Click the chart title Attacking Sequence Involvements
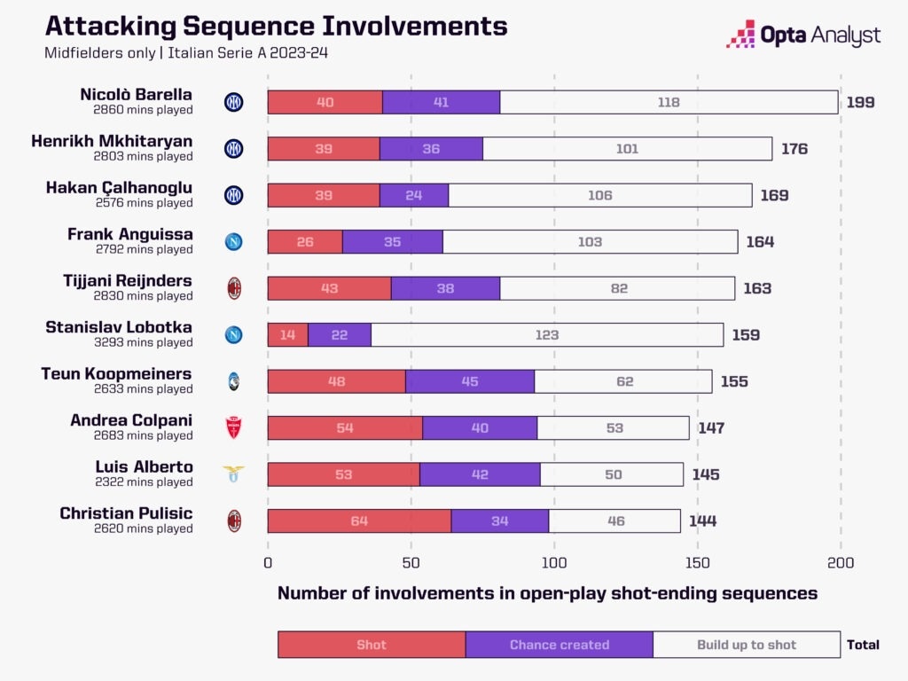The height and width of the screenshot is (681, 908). [276, 26]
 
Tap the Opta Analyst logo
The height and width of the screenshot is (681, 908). [802, 35]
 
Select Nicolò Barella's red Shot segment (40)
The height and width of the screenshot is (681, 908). [325, 102]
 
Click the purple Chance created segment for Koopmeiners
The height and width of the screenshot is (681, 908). [470, 381]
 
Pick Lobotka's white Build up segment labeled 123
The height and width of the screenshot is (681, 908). [547, 335]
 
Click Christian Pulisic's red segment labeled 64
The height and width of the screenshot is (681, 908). [359, 521]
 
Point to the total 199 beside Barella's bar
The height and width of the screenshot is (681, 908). [860, 102]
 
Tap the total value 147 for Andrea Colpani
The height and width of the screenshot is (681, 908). [710, 428]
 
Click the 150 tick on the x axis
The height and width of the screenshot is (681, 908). [697, 562]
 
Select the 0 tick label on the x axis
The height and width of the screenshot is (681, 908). [268, 562]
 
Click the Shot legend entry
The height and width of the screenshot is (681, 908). [372, 645]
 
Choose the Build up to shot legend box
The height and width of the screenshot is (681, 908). [746, 645]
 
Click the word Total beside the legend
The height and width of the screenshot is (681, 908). [863, 645]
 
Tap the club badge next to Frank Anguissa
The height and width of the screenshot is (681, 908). [233, 242]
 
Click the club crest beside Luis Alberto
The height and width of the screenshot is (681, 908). [233, 474]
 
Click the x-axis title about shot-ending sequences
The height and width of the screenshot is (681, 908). [547, 593]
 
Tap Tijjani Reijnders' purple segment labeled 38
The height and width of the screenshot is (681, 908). [445, 288]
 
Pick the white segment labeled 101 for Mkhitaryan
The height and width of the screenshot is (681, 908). [627, 149]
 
